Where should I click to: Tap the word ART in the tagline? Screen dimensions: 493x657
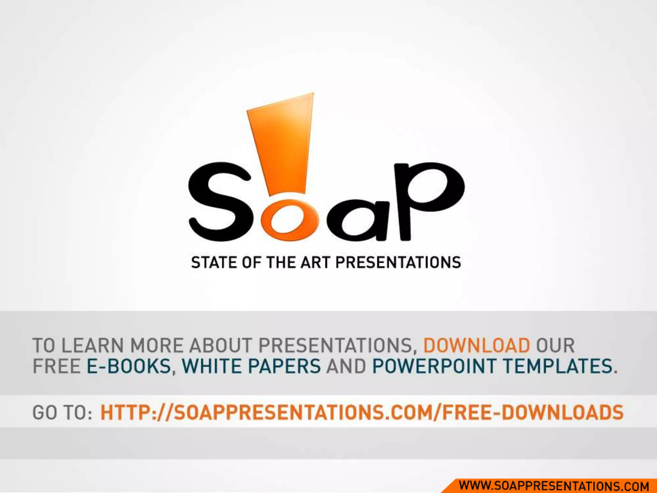point(315,263)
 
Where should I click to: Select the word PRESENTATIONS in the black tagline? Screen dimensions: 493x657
point(398,263)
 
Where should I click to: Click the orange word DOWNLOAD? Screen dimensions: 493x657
point(477,346)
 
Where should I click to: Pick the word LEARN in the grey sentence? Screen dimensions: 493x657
point(92,346)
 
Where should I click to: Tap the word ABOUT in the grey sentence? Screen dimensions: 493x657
point(221,346)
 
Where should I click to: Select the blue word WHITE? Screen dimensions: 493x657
point(212,366)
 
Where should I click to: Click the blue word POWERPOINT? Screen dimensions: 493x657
point(434,366)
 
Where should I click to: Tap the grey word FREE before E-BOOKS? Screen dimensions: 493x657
point(57,366)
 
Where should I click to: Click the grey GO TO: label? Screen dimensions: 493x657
point(62,413)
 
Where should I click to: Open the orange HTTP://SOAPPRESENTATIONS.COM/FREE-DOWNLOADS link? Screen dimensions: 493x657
point(362,413)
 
